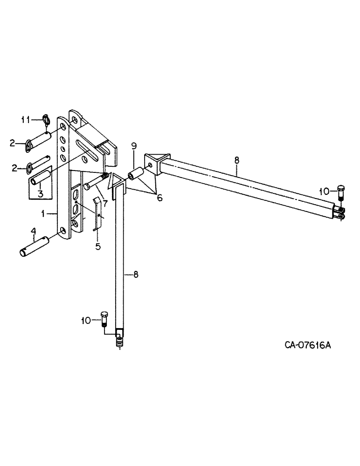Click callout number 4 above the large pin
[x=33, y=230]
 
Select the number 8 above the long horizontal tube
[x=236, y=159]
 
